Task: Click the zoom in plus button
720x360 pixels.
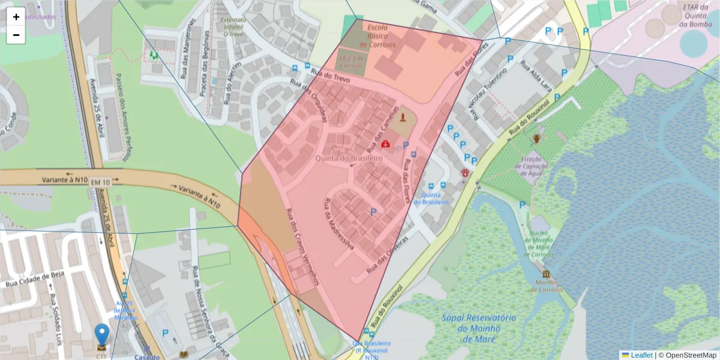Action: pyautogui.click(x=16, y=17)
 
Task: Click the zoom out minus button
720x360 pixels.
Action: pyautogui.click(x=16, y=35)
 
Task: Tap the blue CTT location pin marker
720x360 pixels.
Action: pyautogui.click(x=103, y=335)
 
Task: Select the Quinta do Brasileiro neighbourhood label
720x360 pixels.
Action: pyautogui.click(x=349, y=158)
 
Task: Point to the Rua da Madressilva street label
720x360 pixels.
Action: pyautogui.click(x=338, y=224)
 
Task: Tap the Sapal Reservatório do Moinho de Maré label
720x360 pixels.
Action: pyautogui.click(x=478, y=328)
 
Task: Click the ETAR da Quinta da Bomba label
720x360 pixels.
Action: pyautogui.click(x=695, y=16)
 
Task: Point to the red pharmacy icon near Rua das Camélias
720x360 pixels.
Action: pyautogui.click(x=385, y=143)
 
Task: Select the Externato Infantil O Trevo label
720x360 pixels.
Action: pyautogui.click(x=233, y=27)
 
